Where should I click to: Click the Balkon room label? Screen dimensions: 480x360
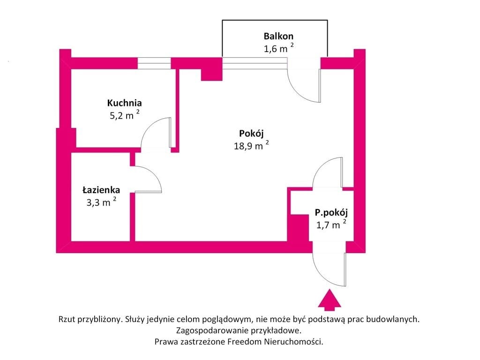tap(278, 36)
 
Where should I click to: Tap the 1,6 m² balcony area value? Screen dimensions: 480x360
tap(278, 48)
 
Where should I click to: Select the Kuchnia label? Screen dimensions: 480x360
tap(124, 103)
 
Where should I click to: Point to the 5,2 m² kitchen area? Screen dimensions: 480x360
tap(125, 115)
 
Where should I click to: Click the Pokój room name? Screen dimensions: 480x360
tap(251, 134)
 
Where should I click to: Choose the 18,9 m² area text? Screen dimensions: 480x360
tap(251, 145)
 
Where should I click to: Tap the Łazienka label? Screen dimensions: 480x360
tap(101, 190)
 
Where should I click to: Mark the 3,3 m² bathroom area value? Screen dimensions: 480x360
tap(101, 202)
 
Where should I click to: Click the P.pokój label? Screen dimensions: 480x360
tap(331, 212)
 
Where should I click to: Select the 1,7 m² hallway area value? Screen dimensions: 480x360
tap(331, 225)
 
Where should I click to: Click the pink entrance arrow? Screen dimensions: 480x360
tap(330, 298)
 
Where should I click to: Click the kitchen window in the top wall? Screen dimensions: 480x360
tap(154, 63)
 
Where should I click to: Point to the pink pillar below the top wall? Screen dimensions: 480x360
tap(211, 75)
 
